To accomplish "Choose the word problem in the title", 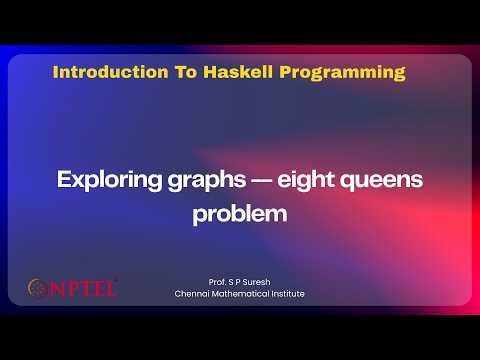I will (239, 213).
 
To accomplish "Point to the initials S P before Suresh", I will (231, 283).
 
